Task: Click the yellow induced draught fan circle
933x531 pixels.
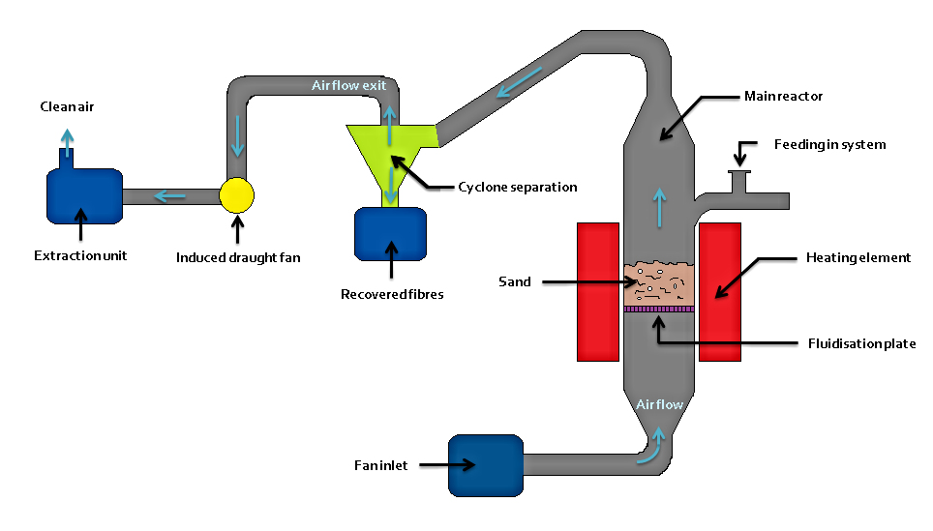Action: click(x=236, y=195)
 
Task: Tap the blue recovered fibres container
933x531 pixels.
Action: click(x=391, y=234)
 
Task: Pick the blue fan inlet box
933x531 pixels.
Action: click(x=485, y=464)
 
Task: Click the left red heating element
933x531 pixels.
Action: click(x=598, y=292)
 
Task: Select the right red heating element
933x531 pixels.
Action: click(x=720, y=292)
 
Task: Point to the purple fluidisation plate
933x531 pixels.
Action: click(x=659, y=309)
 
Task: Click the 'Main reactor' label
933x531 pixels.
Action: click(x=783, y=97)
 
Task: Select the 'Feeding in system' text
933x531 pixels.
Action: click(x=829, y=144)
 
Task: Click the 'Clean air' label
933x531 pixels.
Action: click(x=66, y=106)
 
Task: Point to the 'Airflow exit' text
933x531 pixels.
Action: click(x=348, y=85)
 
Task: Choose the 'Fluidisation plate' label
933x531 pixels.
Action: click(x=861, y=343)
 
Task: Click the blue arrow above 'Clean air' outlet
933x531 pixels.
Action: click(x=66, y=140)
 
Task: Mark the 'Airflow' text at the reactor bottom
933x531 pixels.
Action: click(x=660, y=404)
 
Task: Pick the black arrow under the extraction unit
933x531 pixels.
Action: click(x=80, y=226)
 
